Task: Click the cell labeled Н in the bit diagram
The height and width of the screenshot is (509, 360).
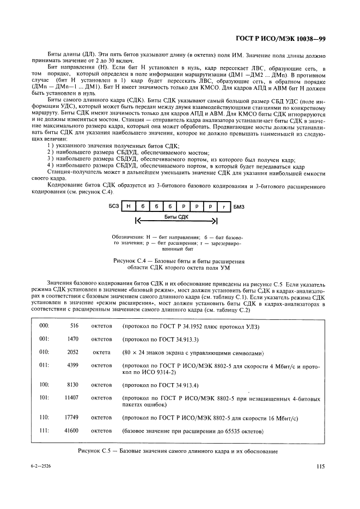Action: pyautogui.click(x=128, y=207)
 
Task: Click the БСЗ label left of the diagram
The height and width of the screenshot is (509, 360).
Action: pyautogui.click(x=113, y=207)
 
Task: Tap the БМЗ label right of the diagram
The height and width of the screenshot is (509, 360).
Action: pyautogui.click(x=240, y=207)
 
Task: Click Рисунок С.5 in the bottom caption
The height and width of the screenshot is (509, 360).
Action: pyautogui.click(x=97, y=451)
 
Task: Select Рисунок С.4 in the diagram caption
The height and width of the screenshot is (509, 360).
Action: pyautogui.click(x=132, y=262)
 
